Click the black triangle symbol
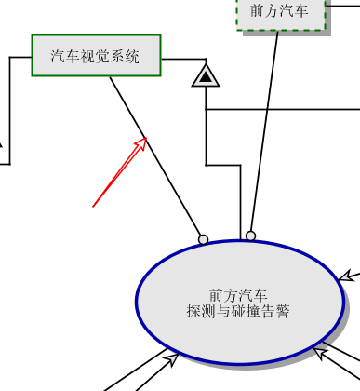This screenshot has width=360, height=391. pos(206,76)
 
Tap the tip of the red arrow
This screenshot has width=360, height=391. pos(147,138)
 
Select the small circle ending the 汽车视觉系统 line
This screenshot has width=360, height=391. pos(203,239)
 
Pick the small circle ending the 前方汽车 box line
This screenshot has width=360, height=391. pos(250,236)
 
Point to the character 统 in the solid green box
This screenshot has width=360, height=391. pos(132,57)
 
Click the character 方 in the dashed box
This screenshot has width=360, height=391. pos(272,11)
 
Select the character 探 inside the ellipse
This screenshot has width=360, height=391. pos(193,311)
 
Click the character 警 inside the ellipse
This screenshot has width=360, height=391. pos(283,311)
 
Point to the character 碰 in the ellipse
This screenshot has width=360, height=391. pos(238,311)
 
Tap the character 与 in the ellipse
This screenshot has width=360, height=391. pos(223,311)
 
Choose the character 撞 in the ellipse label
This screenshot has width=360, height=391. pos(253,311)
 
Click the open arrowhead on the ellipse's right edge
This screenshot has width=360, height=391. pos(346,276)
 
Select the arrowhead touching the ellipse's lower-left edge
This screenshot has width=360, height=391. pos(172,358)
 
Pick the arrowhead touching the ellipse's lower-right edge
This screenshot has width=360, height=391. pos(320,353)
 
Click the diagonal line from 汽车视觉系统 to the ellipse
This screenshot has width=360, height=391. pos(155,155)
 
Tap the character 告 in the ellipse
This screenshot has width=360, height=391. pos(268,311)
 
